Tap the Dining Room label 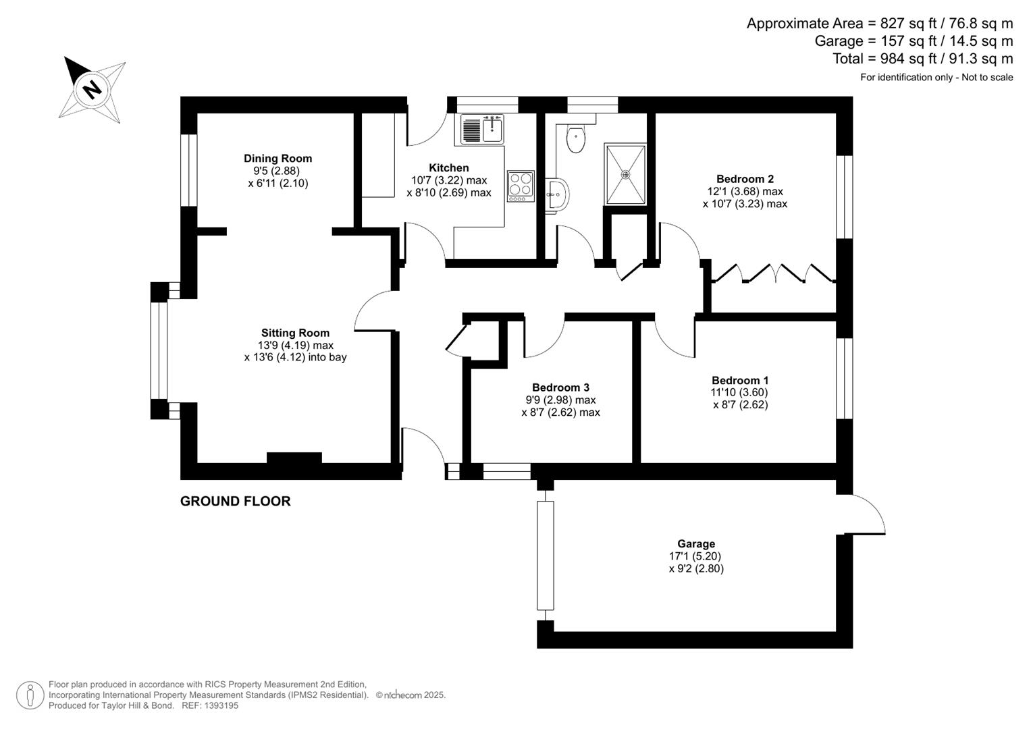(277, 159)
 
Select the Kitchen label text (448, 168)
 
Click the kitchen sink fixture (482, 129)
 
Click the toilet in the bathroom (575, 139)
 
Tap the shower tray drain (625, 174)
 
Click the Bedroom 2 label (745, 179)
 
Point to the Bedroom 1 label (740, 381)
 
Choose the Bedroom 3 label (560, 387)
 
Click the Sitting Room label (295, 333)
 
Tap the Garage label (696, 544)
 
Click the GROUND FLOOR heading (235, 501)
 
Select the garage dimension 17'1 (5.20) (695, 556)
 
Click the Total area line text (922, 59)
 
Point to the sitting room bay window (159, 350)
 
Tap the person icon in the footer (30, 695)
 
